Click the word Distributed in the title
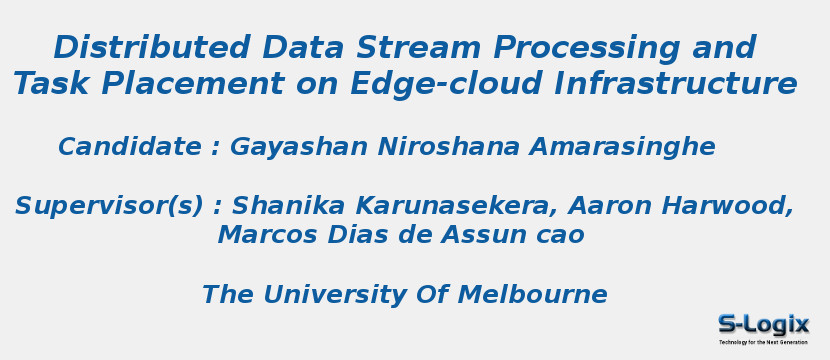(151, 47)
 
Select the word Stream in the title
(418, 47)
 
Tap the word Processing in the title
(587, 49)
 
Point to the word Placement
(193, 84)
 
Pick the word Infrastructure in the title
(675, 84)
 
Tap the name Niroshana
(448, 147)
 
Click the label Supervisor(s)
(109, 207)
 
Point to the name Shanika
(288, 205)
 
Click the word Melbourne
(532, 294)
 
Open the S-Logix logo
(763, 325)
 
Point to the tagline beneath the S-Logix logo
(763, 343)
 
